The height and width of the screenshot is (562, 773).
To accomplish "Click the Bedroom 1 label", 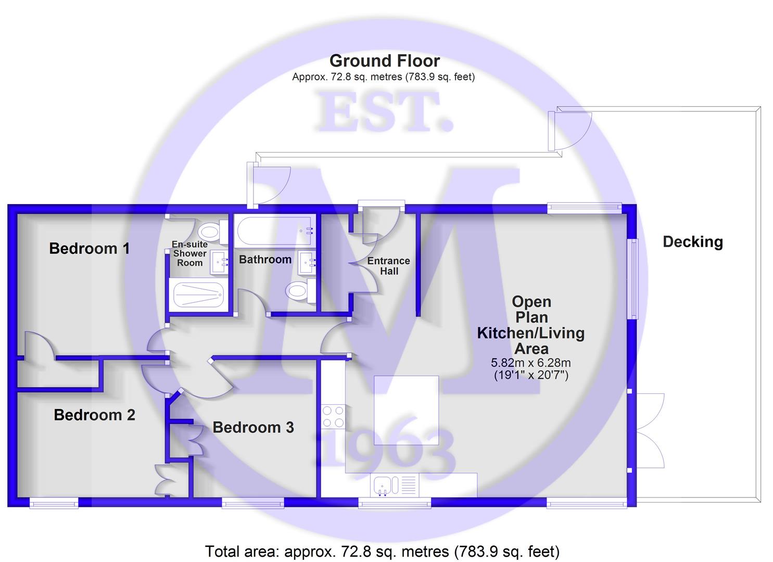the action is (90, 248).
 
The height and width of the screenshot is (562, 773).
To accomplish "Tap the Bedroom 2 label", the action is (94, 415).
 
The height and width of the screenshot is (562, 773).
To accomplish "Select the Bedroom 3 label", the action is (253, 427).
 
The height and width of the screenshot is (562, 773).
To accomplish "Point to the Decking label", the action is (693, 242).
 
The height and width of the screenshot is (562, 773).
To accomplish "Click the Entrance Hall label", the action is (388, 266).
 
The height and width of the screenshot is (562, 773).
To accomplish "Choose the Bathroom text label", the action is (265, 260).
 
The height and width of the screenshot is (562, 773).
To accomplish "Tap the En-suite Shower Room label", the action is (189, 253).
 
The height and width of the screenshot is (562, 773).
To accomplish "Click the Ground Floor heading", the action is (385, 61).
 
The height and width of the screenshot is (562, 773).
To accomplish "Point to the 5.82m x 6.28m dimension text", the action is (531, 363).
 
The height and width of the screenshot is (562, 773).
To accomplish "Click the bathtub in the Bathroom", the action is (275, 231).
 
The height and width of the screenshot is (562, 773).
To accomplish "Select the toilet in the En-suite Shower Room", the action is (213, 232).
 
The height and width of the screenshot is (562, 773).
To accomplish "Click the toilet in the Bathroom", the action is (300, 291).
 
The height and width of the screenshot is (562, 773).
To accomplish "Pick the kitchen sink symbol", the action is (395, 485).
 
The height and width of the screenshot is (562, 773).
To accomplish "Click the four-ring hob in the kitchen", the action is (333, 416).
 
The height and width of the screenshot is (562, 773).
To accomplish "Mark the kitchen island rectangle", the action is (407, 411).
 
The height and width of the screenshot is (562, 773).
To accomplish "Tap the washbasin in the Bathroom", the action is (307, 263).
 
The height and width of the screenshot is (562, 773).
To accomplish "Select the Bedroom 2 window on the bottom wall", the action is (54, 503).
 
